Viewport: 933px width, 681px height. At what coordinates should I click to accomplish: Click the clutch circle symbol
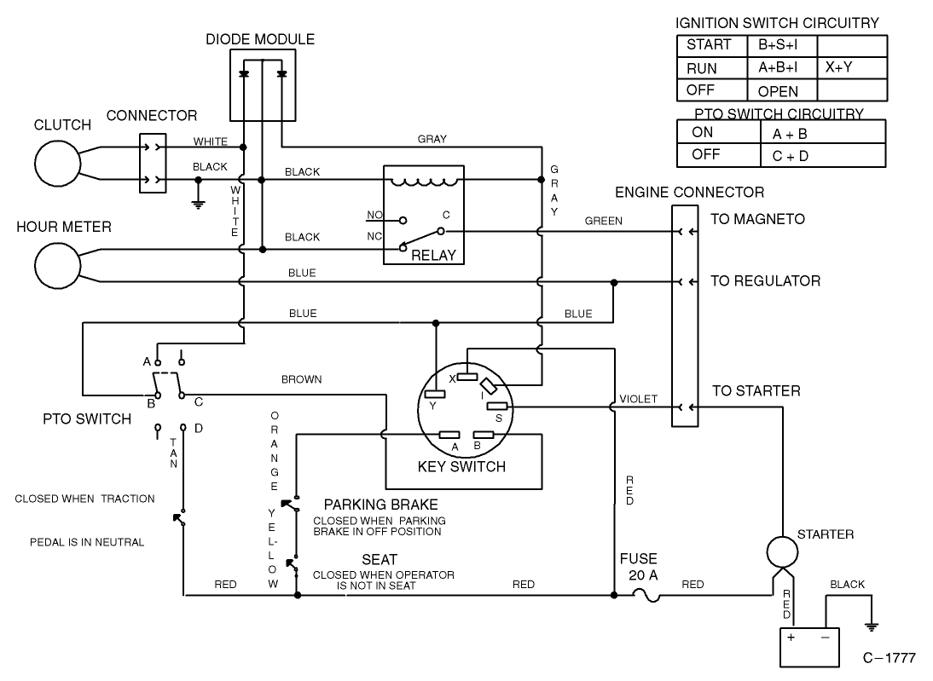[55, 163]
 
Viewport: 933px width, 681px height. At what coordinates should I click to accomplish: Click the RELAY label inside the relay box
[433, 255]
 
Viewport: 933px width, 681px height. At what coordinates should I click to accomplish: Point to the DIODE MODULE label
[260, 39]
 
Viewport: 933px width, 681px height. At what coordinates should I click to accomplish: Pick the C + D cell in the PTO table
[790, 155]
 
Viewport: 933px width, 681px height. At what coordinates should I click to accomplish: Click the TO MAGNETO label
[757, 219]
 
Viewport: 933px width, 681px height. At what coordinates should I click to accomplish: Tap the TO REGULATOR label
[765, 280]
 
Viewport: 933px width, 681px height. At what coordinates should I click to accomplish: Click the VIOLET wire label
[639, 398]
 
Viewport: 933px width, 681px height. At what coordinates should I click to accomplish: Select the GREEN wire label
[603, 221]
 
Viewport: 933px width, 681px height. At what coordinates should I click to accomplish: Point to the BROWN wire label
[302, 379]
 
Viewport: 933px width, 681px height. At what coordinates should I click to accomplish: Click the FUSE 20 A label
[639, 567]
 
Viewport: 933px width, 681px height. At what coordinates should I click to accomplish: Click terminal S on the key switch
[497, 407]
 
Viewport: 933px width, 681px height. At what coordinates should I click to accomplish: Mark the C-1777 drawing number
[890, 658]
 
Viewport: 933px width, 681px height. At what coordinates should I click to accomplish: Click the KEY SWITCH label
[461, 466]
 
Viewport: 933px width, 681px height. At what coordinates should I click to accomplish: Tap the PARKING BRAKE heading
[380, 504]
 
